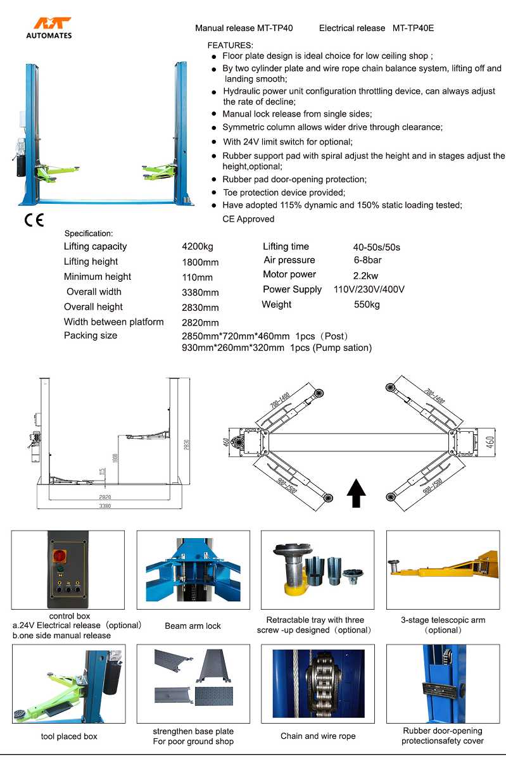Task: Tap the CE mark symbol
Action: coord(34,221)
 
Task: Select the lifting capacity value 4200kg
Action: coord(198,247)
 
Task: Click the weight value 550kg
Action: coord(367,305)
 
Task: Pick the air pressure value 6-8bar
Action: coord(367,260)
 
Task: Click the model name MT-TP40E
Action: coord(413,28)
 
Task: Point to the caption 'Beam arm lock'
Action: coord(193,626)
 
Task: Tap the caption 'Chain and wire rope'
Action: coord(318,736)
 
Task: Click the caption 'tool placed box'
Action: coord(69,736)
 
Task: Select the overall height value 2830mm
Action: coord(200,308)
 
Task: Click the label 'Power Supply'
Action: coord(293,290)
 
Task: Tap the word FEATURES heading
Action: coord(231,46)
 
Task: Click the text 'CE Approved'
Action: coord(248,219)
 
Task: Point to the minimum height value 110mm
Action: coord(198,277)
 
